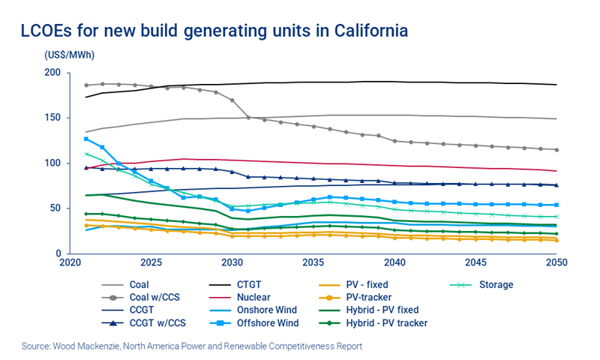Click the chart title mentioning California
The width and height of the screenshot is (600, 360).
[x=214, y=31]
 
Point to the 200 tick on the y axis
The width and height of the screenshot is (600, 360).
[x=52, y=73]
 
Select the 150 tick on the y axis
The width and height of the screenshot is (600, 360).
[x=52, y=118]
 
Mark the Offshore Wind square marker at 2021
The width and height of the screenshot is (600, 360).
[x=86, y=139]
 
